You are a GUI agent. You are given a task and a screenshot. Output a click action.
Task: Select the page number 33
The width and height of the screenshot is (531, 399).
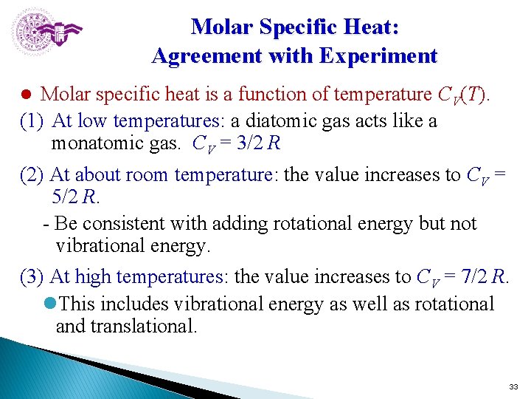click(514, 387)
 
